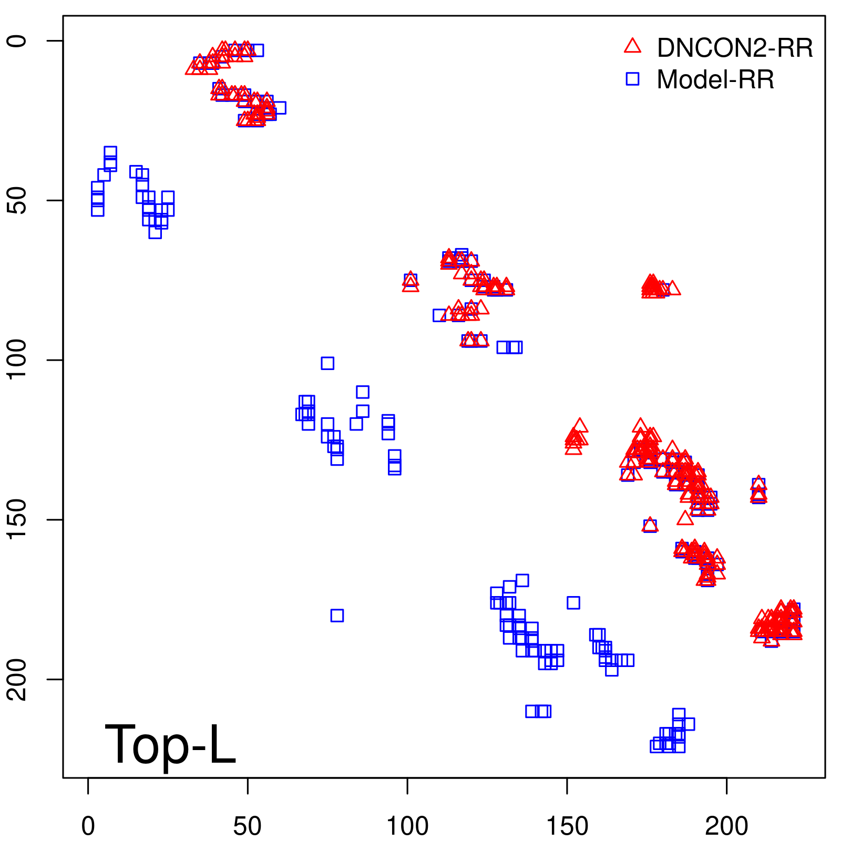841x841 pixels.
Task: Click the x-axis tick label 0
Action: pos(88,826)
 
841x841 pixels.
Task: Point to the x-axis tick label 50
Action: pos(248,826)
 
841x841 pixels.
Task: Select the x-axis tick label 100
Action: pos(407,826)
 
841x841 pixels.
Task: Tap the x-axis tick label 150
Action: pos(567,826)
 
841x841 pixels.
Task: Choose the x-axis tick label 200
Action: pos(726,826)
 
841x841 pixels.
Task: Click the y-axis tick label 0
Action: pos(17,41)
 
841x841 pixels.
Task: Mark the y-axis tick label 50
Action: pos(17,200)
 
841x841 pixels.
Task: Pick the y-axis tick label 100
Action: pos(17,360)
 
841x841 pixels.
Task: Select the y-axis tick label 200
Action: pos(17,679)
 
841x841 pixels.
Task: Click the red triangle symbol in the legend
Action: pos(632,46)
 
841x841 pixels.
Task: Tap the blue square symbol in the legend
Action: pos(632,79)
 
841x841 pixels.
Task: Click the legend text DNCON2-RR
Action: pos(735,48)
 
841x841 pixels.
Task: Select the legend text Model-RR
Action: pos(715,80)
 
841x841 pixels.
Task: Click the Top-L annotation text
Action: pos(170,744)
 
